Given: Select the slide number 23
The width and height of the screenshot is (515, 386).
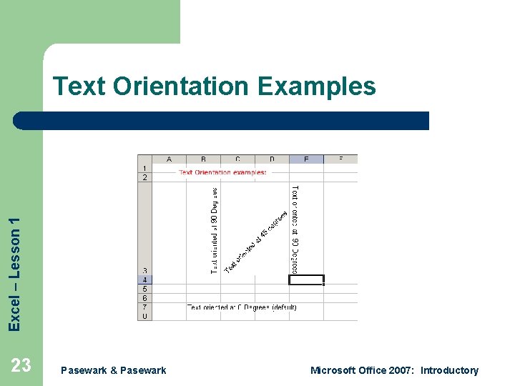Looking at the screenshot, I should point(21,366).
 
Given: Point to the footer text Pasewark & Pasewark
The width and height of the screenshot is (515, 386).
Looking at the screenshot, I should point(114,370).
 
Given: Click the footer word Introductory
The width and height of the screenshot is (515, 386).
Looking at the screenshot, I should point(449,370).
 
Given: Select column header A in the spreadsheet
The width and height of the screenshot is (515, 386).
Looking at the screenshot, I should point(169,159).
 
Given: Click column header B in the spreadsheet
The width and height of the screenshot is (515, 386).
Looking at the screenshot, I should point(203,159).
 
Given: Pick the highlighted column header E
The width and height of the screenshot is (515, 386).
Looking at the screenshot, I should point(306,159).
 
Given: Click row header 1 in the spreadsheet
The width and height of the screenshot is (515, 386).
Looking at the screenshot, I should point(144,168).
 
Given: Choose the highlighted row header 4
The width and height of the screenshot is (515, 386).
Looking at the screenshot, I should point(144,279).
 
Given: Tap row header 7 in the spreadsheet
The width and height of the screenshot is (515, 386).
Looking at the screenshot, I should point(144,307).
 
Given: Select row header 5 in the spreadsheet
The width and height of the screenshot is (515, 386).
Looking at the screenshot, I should point(144,289).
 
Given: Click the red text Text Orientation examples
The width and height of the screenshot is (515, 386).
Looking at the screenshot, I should point(222,172).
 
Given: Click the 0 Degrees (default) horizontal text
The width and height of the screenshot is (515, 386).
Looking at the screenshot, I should point(242,307).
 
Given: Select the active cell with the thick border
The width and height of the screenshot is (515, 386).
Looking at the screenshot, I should point(306,279).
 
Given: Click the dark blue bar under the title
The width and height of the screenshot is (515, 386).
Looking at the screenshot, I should point(222,120).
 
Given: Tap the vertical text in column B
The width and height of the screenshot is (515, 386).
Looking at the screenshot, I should point(214,229).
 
